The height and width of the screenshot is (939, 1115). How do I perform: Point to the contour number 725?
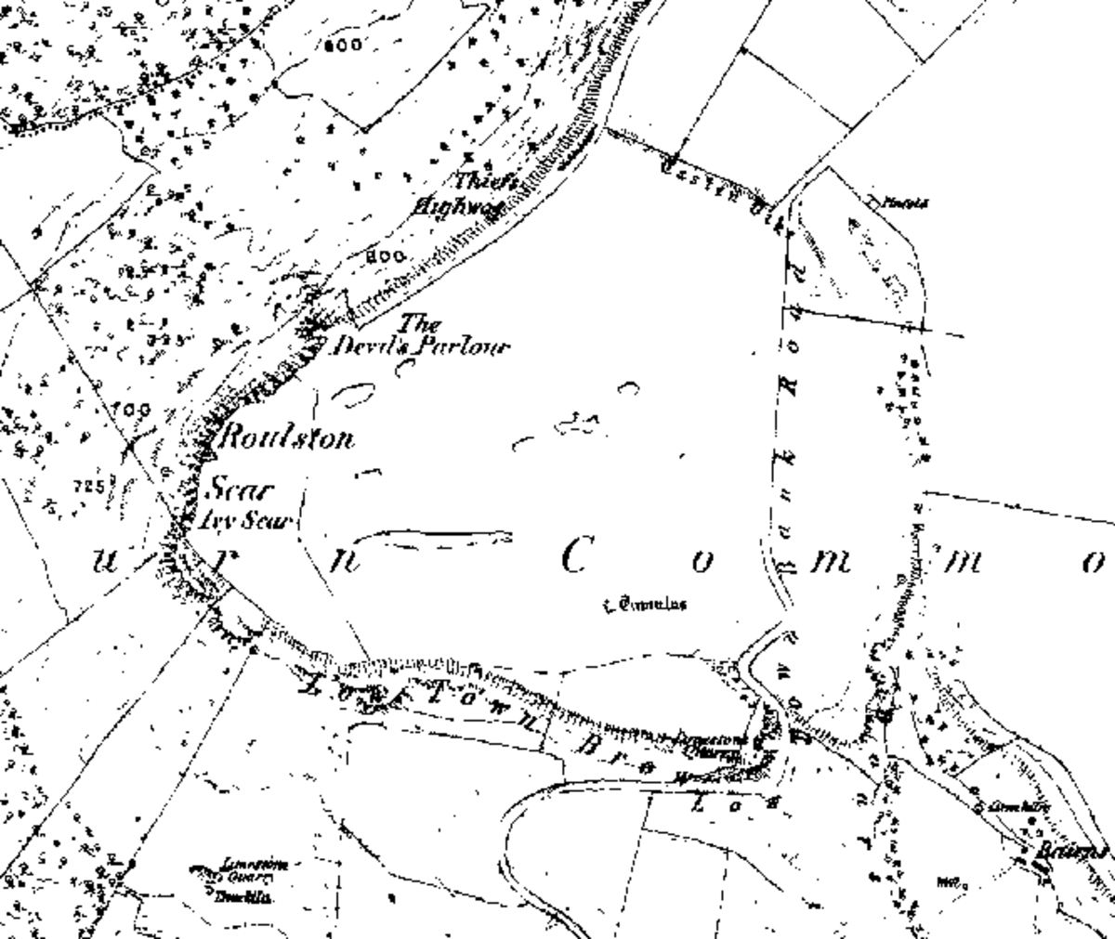87,485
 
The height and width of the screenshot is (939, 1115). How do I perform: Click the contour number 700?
130,410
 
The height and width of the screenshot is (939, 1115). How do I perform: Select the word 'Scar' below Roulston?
233,489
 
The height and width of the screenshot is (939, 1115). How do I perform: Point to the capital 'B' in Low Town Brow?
589,744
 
